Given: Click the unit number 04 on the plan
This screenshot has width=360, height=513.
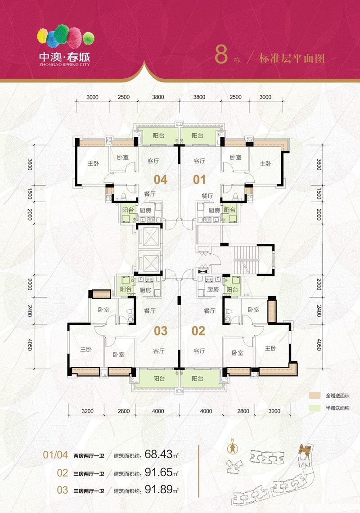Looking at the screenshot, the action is click(160, 180).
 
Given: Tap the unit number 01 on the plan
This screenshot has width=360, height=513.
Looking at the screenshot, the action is click(199, 180).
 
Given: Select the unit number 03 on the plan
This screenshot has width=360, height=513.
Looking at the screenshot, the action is click(161, 331).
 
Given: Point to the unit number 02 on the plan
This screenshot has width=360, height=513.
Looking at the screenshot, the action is click(198, 331).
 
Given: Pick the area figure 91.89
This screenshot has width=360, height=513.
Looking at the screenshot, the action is click(158, 489).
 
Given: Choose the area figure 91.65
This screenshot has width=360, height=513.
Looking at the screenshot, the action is click(158, 472).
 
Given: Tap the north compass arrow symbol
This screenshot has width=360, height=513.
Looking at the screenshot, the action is click(233, 448).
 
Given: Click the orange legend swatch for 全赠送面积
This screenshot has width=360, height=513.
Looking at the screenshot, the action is click(315, 396).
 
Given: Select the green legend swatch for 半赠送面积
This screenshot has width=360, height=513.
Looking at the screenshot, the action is click(315, 408).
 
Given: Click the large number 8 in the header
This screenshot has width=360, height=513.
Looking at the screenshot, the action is click(221, 54).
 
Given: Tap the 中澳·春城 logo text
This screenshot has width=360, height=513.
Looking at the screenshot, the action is click(64, 57).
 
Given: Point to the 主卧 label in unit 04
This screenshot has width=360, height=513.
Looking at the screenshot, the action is click(93, 163).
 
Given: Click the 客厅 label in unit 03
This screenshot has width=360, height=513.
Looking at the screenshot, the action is click(159, 351).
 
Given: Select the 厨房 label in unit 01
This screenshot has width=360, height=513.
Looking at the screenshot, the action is click(214, 210).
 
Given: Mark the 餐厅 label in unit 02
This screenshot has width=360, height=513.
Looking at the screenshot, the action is click(209, 310).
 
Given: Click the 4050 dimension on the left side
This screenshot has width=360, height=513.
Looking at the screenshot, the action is click(30, 345).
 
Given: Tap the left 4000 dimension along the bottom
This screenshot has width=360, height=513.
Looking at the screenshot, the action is click(158, 411).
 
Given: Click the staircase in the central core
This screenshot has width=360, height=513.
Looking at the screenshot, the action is click(247, 261).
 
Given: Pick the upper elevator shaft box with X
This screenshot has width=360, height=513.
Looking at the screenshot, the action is click(149, 236).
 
